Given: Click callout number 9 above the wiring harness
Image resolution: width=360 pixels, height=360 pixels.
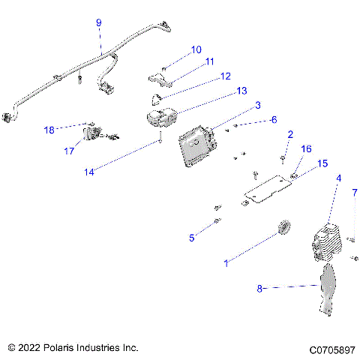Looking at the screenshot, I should click(x=98, y=24).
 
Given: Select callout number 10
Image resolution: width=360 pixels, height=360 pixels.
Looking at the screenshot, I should click(x=196, y=49).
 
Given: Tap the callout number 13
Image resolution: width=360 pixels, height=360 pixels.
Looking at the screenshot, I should click(x=220, y=90).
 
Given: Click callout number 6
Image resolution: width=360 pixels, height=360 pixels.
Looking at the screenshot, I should click(x=274, y=119).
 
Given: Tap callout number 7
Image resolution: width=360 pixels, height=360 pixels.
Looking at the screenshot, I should click(x=354, y=193).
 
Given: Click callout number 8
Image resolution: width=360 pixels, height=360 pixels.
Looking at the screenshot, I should click(x=260, y=286).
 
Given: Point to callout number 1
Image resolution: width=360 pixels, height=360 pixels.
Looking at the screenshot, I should click(x=226, y=263).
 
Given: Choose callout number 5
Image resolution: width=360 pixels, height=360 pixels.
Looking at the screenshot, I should click(x=192, y=238).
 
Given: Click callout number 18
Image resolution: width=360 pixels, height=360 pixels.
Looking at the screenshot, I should click(x=49, y=129).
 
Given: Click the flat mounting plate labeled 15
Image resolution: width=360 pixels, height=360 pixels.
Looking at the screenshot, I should click(x=266, y=187).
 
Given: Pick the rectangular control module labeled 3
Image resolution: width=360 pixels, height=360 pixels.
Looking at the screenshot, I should click(x=196, y=144).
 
